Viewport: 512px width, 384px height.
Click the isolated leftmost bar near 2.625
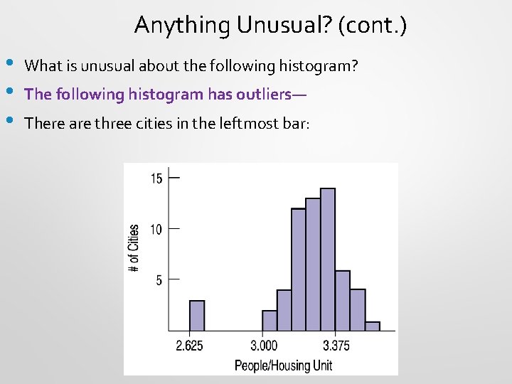pyautogui.click(x=196, y=316)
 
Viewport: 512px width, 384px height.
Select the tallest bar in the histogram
pyautogui.click(x=327, y=260)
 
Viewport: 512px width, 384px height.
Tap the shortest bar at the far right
pyautogui.click(x=372, y=326)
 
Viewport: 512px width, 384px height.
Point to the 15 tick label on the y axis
pyautogui.click(x=156, y=178)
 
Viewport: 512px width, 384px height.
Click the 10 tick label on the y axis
pyautogui.click(x=156, y=229)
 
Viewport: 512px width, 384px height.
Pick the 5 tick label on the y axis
pyautogui.click(x=159, y=280)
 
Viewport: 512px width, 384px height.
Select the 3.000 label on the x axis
pyautogui.click(x=264, y=346)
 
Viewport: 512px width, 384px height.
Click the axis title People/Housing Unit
pyautogui.click(x=283, y=366)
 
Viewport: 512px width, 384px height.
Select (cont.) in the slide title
pyautogui.click(x=373, y=26)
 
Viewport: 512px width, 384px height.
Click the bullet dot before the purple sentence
pyautogui.click(x=9, y=91)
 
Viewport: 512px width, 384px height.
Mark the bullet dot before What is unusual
pyautogui.click(x=9, y=63)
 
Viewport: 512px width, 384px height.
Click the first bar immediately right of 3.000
pyautogui.click(x=270, y=321)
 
